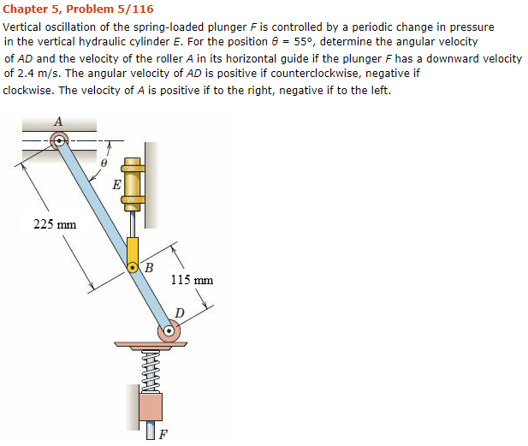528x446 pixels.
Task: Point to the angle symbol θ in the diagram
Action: (x=104, y=162)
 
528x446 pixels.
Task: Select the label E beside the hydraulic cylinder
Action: (x=116, y=183)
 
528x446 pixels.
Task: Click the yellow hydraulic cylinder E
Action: (x=132, y=185)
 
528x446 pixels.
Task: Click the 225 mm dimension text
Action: (x=55, y=224)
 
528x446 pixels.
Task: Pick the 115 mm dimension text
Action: (x=192, y=280)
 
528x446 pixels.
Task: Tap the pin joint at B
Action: (x=133, y=268)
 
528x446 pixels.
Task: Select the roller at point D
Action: (x=169, y=330)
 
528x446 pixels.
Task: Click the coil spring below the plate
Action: (x=151, y=367)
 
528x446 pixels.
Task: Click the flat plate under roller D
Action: (x=151, y=346)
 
